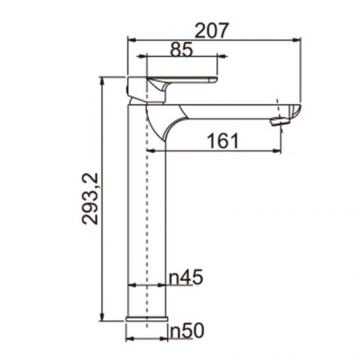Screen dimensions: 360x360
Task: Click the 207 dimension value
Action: pyautogui.click(x=212, y=29)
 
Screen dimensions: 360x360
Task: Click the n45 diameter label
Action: pyautogui.click(x=185, y=277)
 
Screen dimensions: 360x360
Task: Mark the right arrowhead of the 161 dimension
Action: pyautogui.click(x=280, y=151)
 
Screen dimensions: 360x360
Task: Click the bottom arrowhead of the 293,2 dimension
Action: pyautogui.click(x=103, y=319)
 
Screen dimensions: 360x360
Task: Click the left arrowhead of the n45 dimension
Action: pyautogui.click(x=129, y=285)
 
